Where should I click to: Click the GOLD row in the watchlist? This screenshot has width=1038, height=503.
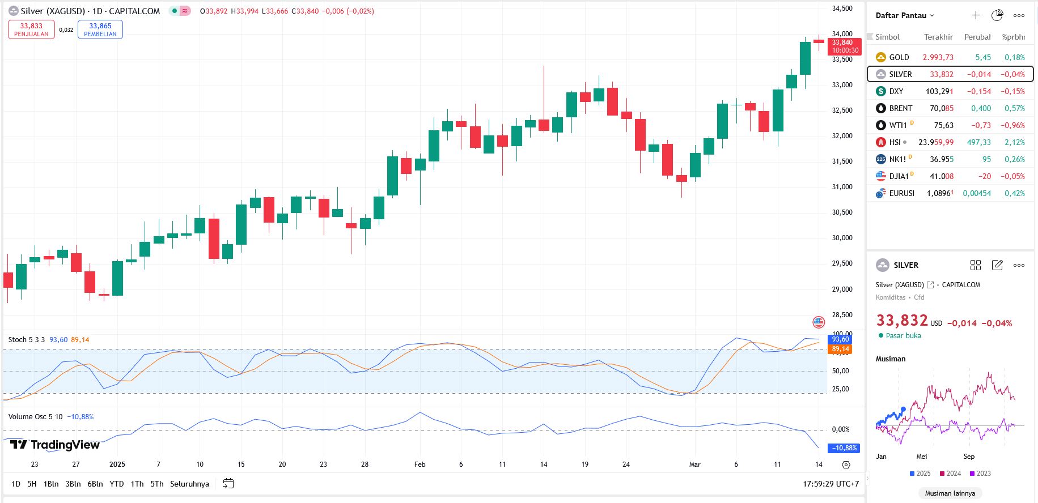[x=899, y=57]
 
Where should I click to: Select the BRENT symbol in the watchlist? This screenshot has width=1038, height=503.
[x=900, y=108]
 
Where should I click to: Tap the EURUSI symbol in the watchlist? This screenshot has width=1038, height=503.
[x=901, y=193]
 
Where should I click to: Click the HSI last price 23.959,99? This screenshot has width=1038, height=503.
[x=936, y=142]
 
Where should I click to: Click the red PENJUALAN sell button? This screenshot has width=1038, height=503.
[x=31, y=29]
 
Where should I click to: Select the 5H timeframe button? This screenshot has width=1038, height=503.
[x=32, y=484]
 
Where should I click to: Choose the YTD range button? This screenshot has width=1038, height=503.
[x=116, y=484]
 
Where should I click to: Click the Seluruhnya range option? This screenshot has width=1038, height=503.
[x=189, y=484]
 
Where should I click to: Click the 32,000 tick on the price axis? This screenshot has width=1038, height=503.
[x=842, y=136]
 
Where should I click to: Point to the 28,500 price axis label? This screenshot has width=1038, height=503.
[x=842, y=315]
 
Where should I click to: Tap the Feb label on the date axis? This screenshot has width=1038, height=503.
[x=420, y=464]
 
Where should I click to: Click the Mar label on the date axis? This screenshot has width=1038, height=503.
[x=694, y=464]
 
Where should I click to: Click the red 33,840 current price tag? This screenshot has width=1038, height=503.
[x=844, y=46]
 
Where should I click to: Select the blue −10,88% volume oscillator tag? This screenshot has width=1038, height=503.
[x=844, y=448]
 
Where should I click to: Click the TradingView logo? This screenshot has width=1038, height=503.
[x=55, y=445]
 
